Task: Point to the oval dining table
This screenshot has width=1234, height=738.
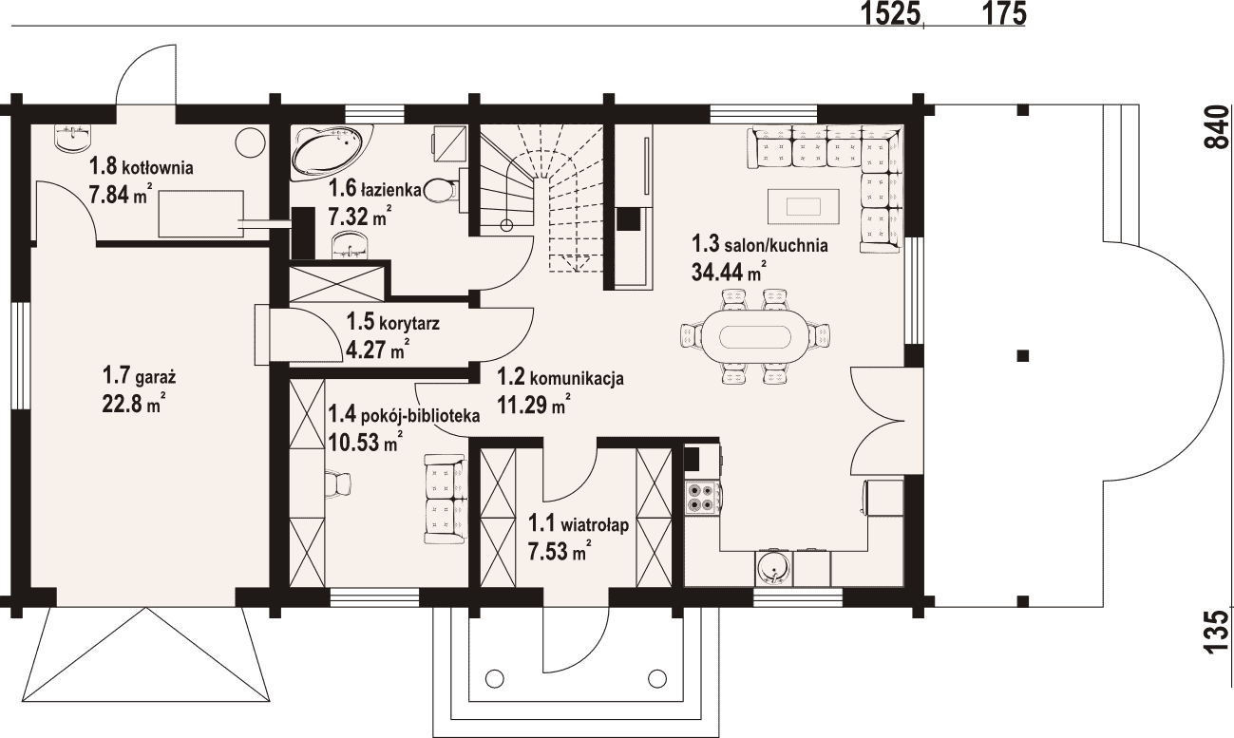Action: tap(755, 335)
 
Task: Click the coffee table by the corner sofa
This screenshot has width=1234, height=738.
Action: tap(805, 207)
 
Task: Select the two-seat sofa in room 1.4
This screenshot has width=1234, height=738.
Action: tap(445, 499)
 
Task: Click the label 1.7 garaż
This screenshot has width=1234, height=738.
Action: tap(139, 377)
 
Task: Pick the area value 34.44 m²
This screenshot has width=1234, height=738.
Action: tap(730, 272)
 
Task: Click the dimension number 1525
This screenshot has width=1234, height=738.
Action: tap(891, 13)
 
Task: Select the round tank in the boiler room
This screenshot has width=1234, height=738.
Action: tap(251, 142)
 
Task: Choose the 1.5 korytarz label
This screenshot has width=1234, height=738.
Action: tap(392, 322)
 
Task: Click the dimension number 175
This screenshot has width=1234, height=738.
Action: tap(1004, 13)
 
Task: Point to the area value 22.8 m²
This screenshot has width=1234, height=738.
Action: tap(134, 405)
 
